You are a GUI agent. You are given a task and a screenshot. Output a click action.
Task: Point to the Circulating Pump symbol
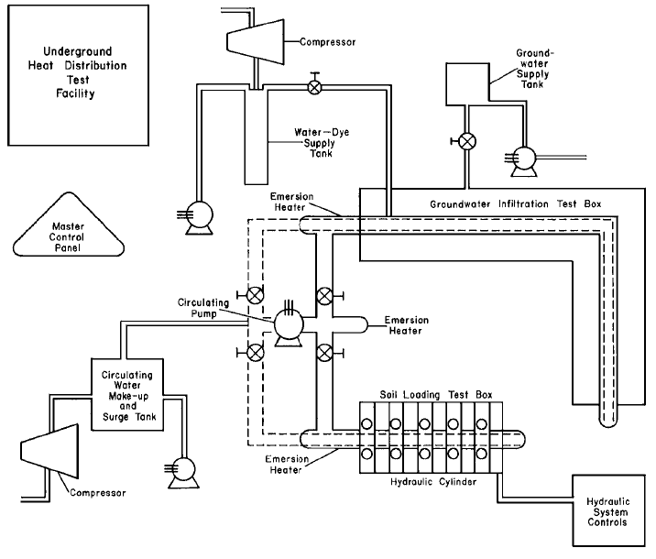(289, 324)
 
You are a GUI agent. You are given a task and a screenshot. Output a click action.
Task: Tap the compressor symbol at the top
(256, 42)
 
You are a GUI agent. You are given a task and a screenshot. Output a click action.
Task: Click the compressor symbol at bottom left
(49, 451)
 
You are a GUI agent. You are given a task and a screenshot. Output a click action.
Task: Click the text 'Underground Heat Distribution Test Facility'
(77, 72)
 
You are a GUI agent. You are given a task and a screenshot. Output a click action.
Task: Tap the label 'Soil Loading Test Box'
(436, 395)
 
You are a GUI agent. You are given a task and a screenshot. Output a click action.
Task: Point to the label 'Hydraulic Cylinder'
(433, 482)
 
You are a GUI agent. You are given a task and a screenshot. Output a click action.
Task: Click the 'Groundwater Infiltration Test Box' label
(516, 204)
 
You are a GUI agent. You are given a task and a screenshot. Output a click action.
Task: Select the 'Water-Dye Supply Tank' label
(322, 143)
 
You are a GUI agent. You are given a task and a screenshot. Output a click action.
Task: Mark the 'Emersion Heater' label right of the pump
(406, 325)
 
